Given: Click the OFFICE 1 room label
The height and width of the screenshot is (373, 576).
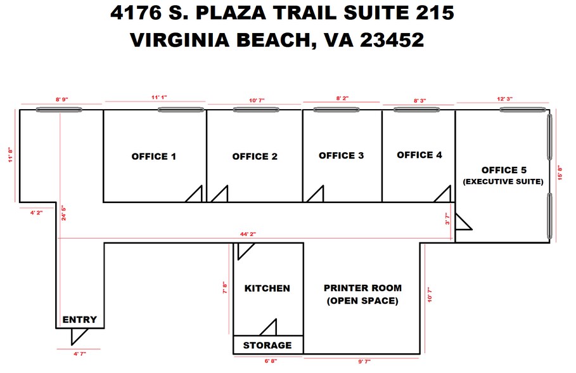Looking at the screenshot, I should click(x=153, y=157).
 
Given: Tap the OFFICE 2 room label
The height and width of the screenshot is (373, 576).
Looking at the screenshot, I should click(x=255, y=157).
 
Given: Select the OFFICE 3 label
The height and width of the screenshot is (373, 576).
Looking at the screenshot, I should click(x=341, y=155).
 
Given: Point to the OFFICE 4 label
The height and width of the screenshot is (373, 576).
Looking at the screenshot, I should click(x=419, y=155).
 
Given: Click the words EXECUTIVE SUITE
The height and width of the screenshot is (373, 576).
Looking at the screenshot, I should click(x=504, y=182).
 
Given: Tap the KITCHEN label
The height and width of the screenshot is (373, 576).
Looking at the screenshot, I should click(x=267, y=288).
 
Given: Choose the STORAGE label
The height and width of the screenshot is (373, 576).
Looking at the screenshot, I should click(x=267, y=345).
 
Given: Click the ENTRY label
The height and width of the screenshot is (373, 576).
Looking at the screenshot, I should click(x=79, y=320).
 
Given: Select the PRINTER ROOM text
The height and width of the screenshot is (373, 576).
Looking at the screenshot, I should click(x=363, y=288).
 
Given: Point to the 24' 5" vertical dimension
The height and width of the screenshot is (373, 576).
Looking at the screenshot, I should click(x=63, y=212).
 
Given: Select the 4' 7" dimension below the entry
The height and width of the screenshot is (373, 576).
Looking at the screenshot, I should click(x=79, y=354).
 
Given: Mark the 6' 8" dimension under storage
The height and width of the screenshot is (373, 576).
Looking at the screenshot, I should click(x=269, y=361).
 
